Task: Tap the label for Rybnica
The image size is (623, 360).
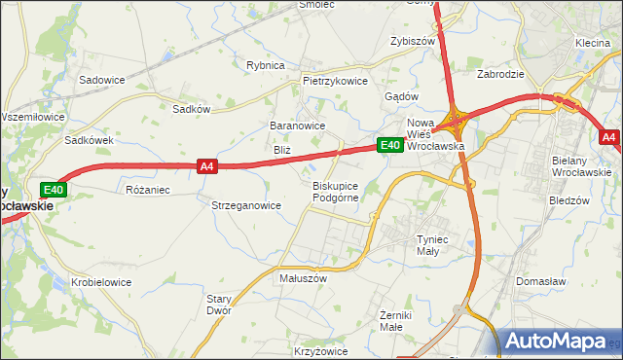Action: (x=265, y=65)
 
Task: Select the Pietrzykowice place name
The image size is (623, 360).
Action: (x=335, y=81)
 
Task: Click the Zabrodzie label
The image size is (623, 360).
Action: (x=500, y=73)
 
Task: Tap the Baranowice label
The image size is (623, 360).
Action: (x=297, y=126)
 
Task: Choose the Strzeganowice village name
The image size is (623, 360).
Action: (x=246, y=205)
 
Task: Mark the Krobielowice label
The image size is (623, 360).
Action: (x=101, y=282)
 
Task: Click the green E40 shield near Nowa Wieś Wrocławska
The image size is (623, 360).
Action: (x=390, y=146)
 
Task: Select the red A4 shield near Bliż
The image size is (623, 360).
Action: (x=206, y=166)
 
